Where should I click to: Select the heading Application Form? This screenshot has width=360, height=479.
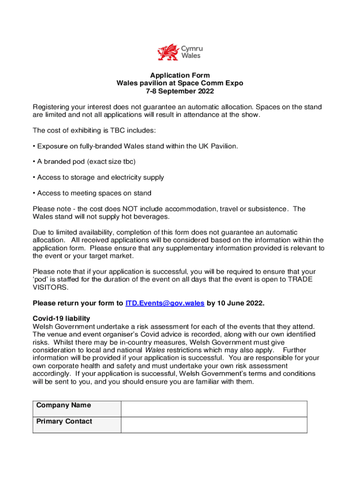[x=180, y=75]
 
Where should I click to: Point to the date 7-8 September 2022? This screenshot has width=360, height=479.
[x=180, y=91]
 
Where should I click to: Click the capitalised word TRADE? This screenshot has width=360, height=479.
[x=300, y=279]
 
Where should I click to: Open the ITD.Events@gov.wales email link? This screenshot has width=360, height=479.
[x=165, y=303]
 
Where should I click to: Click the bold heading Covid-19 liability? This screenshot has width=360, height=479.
[x=61, y=319]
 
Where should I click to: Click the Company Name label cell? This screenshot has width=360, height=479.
[x=77, y=408]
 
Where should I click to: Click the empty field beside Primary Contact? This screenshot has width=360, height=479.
[x=214, y=425]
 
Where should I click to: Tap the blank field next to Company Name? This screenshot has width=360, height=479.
[x=214, y=408]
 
